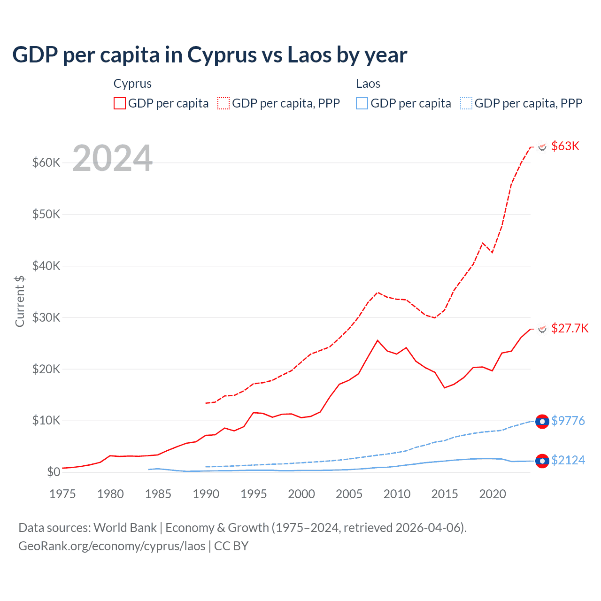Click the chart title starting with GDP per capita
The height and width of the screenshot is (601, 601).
(209, 55)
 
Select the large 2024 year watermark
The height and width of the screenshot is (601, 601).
(113, 158)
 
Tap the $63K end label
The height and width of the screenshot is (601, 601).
(565, 146)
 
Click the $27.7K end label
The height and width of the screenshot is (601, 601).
(570, 328)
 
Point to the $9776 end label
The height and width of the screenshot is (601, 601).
(568, 421)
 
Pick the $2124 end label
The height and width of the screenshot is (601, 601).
(568, 460)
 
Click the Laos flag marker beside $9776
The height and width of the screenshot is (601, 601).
(542, 422)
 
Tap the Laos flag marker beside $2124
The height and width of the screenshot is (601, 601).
(542, 461)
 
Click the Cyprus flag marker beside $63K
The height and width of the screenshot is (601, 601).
(542, 147)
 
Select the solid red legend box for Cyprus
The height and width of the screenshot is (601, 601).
(120, 103)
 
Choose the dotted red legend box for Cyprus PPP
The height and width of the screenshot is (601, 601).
(223, 103)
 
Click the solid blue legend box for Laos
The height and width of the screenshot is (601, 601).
(362, 103)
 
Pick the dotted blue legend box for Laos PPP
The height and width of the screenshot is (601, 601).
(466, 103)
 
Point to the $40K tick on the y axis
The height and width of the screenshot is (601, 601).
(46, 266)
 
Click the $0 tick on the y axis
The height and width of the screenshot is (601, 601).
(54, 472)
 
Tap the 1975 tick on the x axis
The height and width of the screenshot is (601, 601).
(62, 494)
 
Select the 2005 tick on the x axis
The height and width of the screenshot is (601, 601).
(349, 494)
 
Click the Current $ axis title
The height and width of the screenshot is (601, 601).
(20, 301)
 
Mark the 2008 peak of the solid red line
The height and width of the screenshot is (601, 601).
(378, 340)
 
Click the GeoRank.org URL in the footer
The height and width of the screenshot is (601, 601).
(112, 546)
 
